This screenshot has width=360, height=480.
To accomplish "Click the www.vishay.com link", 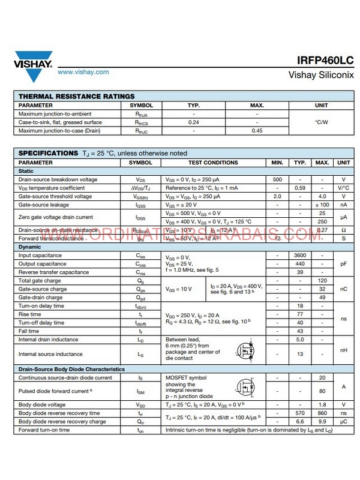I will click(x=83, y=72).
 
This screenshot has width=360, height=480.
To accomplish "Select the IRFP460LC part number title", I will click(x=325, y=61).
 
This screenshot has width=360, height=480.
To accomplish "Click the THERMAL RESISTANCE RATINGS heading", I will click(x=77, y=96).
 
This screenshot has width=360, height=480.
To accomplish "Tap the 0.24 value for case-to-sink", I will click(x=194, y=122).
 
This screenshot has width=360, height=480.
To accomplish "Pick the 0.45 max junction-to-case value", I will click(x=257, y=130).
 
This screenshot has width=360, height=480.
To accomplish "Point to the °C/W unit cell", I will click(x=322, y=122).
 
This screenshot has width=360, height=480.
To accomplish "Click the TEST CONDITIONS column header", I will click(x=213, y=163).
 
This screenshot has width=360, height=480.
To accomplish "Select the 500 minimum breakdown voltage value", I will click(x=277, y=179).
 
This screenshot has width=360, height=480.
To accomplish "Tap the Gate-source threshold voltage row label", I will click(x=55, y=196).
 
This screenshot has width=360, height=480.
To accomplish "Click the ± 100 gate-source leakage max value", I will click(x=322, y=205).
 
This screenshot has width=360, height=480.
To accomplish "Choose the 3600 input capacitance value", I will click(x=300, y=256).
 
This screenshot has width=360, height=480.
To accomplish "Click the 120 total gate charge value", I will click(x=322, y=281).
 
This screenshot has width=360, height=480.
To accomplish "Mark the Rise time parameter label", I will click(x=30, y=314).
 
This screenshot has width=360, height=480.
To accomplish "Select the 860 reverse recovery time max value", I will click(x=322, y=413).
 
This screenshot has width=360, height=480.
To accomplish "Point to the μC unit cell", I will click(x=344, y=421).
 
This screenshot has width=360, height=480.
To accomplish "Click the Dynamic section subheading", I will click(x=30, y=247).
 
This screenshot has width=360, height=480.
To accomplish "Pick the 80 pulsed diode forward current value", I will click(x=322, y=390).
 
